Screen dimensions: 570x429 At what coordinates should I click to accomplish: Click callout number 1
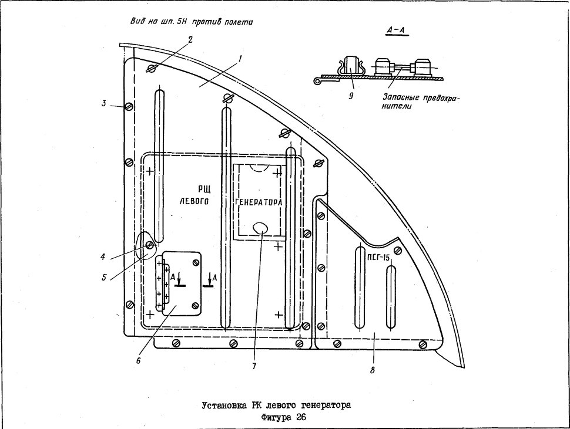(x=240, y=58)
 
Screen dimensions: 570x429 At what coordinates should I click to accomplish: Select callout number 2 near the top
(x=190, y=39)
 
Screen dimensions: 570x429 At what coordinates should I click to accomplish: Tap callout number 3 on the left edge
(x=104, y=103)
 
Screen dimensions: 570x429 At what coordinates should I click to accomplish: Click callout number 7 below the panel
(x=254, y=366)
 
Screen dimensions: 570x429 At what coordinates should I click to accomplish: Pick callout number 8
(x=372, y=370)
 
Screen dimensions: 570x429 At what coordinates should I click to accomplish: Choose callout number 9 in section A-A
(x=351, y=96)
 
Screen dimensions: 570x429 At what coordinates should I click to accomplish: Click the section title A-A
(x=398, y=32)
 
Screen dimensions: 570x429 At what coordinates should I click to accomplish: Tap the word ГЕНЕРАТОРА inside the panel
(x=259, y=202)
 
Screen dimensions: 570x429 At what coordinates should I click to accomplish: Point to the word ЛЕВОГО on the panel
(x=195, y=201)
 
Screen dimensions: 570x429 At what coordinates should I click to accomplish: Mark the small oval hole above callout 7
(x=260, y=228)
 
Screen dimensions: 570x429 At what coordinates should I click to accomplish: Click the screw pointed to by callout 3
(x=129, y=106)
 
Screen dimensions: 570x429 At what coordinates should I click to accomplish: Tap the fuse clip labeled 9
(x=349, y=66)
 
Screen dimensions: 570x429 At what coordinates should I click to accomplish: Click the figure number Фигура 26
(x=284, y=417)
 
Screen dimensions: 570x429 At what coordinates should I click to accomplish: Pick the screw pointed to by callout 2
(x=151, y=68)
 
